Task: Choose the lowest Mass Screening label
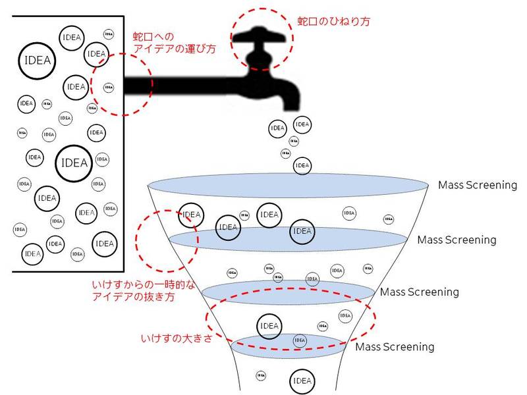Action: point(395,346)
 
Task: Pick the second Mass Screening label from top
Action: point(457,240)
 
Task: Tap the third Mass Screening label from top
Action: point(420,292)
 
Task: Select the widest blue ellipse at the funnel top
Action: point(290,186)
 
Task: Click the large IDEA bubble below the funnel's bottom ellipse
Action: point(301,381)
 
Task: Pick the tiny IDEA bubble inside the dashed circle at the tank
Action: point(109,86)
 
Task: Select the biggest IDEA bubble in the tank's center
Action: point(73,162)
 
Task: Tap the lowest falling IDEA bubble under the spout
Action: point(302,165)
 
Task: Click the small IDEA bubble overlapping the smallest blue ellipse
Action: point(300,340)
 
